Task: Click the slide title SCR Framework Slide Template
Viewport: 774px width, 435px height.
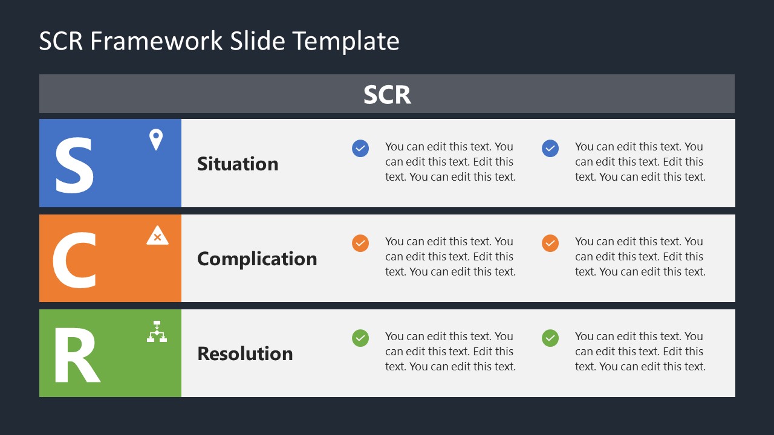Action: [x=219, y=41]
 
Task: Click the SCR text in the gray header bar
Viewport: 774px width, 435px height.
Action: [x=387, y=95]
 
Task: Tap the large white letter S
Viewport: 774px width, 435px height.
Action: [x=74, y=165]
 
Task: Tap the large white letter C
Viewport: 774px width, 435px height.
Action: [x=74, y=260]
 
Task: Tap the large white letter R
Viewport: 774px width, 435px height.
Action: [x=76, y=355]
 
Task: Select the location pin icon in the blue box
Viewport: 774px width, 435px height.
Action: [x=156, y=140]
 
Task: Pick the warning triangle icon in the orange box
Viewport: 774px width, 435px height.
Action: [x=157, y=236]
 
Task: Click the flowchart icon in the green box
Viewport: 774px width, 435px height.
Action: [x=157, y=332]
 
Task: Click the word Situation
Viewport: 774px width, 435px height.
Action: [x=238, y=164]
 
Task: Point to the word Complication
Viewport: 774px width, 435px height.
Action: [x=257, y=259]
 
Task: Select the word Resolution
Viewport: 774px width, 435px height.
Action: [x=245, y=353]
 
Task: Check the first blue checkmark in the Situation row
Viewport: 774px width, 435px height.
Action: [x=360, y=148]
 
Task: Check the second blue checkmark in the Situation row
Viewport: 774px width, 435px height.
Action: [x=550, y=148]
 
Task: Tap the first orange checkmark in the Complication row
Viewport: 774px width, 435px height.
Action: [x=360, y=243]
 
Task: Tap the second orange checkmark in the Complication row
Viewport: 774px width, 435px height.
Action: [x=550, y=243]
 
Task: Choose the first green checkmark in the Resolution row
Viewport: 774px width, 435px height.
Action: [x=360, y=338]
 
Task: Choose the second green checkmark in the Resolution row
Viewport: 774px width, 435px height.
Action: [x=550, y=338]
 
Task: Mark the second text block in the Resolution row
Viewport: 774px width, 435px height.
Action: [x=640, y=351]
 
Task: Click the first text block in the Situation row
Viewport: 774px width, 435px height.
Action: [x=450, y=161]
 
